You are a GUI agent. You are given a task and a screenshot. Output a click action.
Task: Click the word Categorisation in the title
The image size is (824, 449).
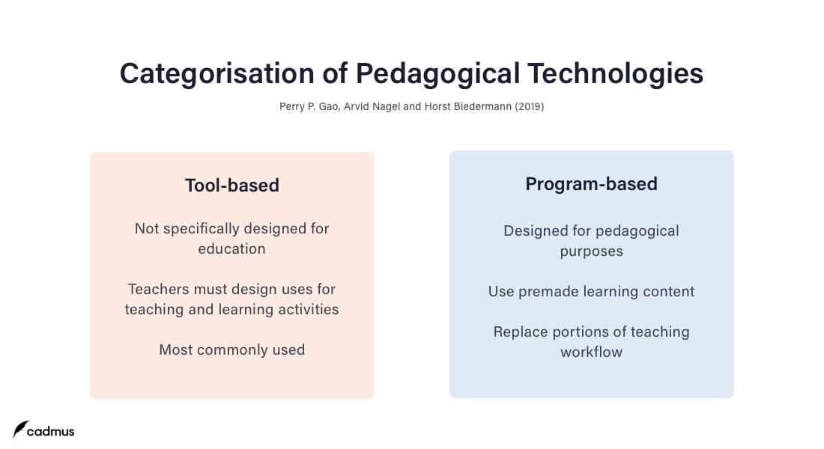(x=217, y=74)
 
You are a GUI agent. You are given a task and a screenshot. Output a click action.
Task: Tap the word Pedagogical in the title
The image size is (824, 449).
(x=437, y=74)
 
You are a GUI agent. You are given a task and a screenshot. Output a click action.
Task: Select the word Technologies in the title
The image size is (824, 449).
(x=615, y=74)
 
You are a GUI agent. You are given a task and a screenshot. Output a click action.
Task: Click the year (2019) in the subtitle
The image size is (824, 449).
(x=529, y=106)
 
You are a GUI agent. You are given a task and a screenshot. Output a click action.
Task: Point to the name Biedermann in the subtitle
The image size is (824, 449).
(x=482, y=106)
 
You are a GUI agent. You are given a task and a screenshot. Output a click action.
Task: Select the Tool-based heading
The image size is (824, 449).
(x=231, y=186)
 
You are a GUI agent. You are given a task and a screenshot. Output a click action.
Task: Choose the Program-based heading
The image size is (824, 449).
(x=591, y=184)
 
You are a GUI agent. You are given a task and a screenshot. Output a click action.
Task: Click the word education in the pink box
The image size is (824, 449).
(x=231, y=249)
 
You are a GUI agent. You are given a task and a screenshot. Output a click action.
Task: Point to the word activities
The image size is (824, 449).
(x=309, y=309)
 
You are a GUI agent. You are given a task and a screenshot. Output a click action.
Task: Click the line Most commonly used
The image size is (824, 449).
(x=231, y=350)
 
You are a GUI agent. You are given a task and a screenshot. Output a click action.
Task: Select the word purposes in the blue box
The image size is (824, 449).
(x=591, y=252)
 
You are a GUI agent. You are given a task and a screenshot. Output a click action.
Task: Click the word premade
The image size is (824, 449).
(x=548, y=292)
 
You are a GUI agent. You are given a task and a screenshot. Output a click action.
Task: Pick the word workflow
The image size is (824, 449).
(x=591, y=352)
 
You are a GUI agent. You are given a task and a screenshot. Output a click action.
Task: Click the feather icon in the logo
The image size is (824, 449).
(x=20, y=429)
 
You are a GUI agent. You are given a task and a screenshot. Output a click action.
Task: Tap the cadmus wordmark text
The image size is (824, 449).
(x=50, y=431)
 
